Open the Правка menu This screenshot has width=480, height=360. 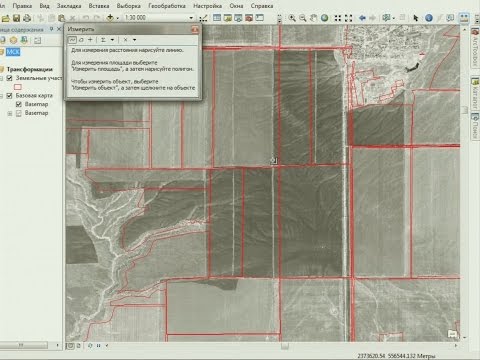pos(20,6)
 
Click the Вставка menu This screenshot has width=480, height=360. pos(98,6)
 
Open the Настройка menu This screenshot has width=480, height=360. pos(208,6)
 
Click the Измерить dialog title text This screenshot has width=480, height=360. pos(82,31)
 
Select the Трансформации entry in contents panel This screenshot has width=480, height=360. pos(33,68)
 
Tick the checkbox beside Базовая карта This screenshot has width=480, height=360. pos(9,94)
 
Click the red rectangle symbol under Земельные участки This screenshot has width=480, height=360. pos(17,86)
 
